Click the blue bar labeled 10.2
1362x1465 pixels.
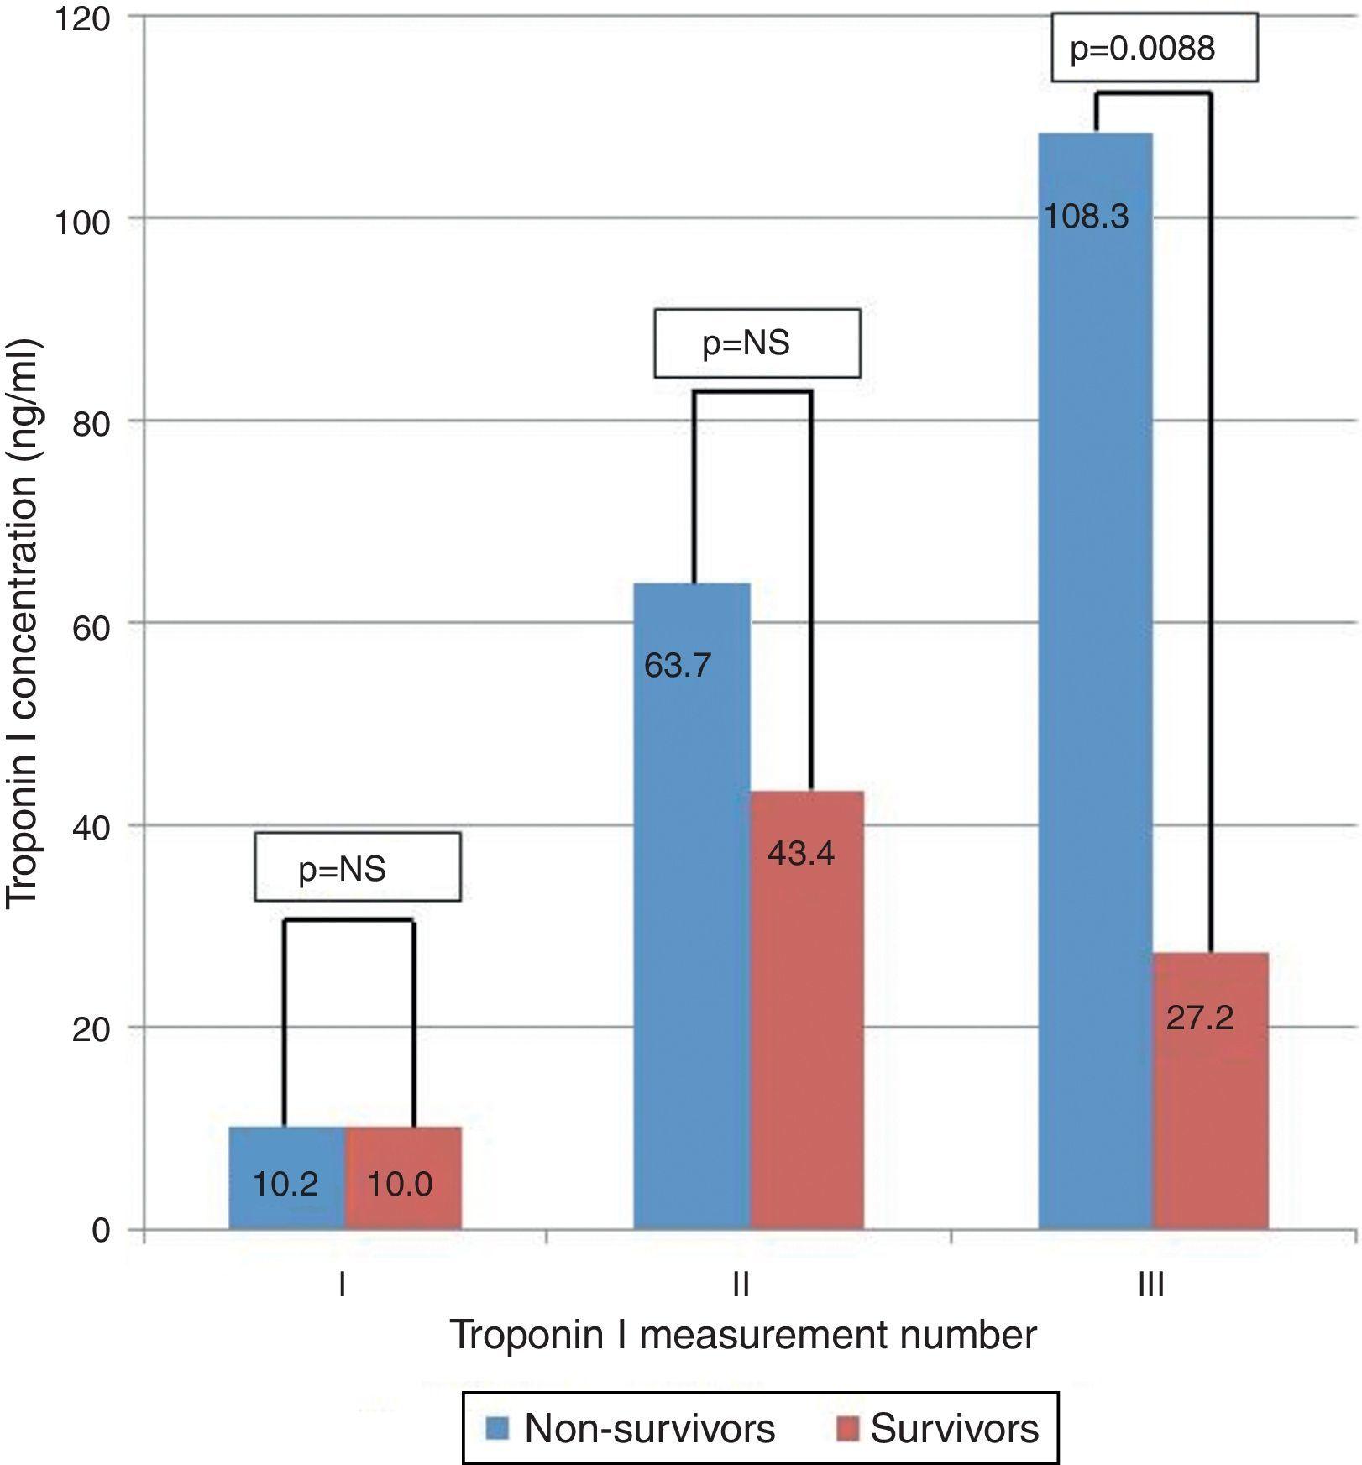286,1178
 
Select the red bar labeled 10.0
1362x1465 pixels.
403,1178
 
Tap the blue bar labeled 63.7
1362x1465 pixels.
691,907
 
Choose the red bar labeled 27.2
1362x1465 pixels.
1210,1091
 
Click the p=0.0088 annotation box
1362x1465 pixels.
1154,48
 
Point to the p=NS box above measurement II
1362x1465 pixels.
757,343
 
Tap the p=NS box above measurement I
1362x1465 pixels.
357,867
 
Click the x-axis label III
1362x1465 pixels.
1150,1284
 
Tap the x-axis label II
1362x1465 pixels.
741,1284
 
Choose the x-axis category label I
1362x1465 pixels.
342,1284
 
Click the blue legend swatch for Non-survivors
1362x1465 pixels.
498,1428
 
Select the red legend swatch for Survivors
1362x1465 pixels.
848,1428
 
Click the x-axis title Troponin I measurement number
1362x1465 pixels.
743,1336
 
